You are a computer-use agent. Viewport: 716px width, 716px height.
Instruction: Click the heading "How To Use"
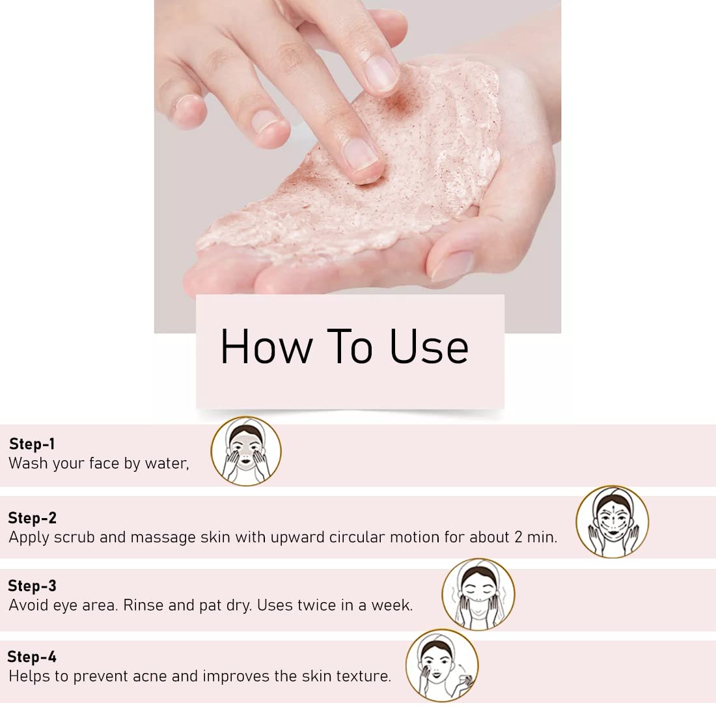coord(344,346)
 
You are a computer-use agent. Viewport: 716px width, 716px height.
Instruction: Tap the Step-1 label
coord(32,444)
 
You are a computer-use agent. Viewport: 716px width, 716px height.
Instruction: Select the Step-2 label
coord(33,518)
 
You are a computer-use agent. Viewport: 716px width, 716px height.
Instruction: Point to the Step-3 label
coord(32,586)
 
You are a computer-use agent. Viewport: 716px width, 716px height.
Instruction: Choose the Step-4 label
coord(32,657)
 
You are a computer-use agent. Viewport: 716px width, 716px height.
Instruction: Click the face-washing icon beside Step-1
coord(246,451)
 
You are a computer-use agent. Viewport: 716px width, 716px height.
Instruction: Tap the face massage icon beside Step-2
coord(613,522)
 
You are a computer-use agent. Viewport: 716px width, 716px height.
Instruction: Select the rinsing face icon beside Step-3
coord(478,594)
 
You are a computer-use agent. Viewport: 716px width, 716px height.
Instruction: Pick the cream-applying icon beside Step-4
coord(442,665)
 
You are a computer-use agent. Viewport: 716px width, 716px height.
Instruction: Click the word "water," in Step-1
coord(167,463)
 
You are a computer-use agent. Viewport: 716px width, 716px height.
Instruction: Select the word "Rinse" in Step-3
coord(143,605)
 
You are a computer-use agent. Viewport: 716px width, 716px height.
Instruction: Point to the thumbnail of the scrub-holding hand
coord(452,265)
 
